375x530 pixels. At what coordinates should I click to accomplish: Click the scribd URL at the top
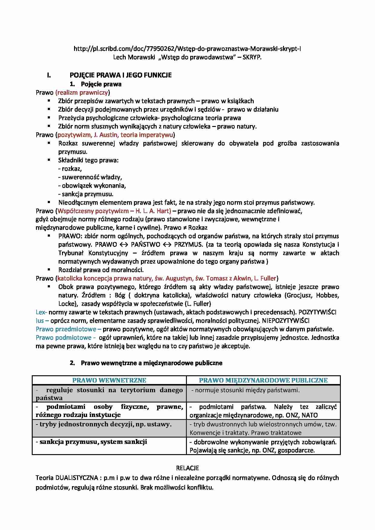tap(187, 49)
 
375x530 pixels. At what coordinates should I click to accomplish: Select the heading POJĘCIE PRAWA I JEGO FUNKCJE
tap(121, 75)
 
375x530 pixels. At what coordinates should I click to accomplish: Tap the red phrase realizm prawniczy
tap(83, 92)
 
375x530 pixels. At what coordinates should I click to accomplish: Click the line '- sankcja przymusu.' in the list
tap(86, 194)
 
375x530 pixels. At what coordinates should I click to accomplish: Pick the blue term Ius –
tap(42, 321)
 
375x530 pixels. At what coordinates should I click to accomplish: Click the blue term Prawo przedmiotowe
tap(66, 329)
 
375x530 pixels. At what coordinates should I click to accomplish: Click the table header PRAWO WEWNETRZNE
tap(109, 380)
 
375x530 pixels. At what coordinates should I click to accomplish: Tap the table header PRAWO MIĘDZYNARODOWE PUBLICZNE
tap(263, 380)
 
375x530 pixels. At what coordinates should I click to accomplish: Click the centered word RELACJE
tap(187, 468)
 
